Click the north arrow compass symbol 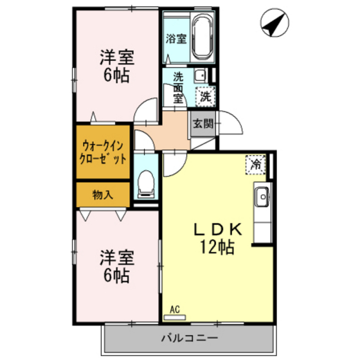(x=272, y=26)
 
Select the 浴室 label (x=175, y=39)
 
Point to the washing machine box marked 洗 (x=204, y=97)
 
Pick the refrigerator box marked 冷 (x=256, y=164)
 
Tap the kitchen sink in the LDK (x=262, y=197)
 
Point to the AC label (x=174, y=310)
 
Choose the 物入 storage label (x=102, y=195)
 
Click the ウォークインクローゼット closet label (x=103, y=152)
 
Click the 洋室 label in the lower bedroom (x=116, y=259)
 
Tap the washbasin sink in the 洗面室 (x=200, y=76)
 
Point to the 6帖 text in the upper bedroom (x=117, y=75)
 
